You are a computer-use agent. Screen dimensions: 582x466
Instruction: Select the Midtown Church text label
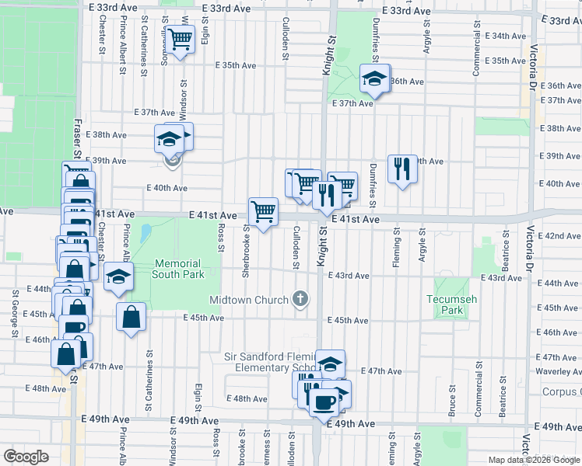pyautogui.click(x=249, y=300)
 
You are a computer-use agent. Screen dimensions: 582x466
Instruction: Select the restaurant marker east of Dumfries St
pyautogui.click(x=401, y=168)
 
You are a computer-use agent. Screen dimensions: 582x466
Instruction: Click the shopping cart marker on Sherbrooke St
pyautogui.click(x=263, y=210)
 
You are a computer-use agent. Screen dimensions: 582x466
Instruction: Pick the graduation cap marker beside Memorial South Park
pyautogui.click(x=117, y=277)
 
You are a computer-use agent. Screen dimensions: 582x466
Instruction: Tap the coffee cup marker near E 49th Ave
pyautogui.click(x=324, y=402)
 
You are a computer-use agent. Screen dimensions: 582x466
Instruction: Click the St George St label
pyautogui.click(x=15, y=313)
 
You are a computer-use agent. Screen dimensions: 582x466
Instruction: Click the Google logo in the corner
pyautogui.click(x=26, y=456)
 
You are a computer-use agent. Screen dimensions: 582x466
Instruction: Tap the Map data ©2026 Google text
pyautogui.click(x=535, y=460)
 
